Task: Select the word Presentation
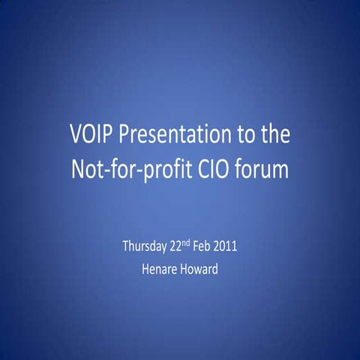tap(174, 136)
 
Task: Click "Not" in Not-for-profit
tap(86, 169)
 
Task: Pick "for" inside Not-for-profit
tap(120, 169)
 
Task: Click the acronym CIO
tap(213, 169)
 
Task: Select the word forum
tap(262, 169)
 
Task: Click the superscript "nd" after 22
tap(192, 244)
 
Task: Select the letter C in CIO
tap(202, 169)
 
